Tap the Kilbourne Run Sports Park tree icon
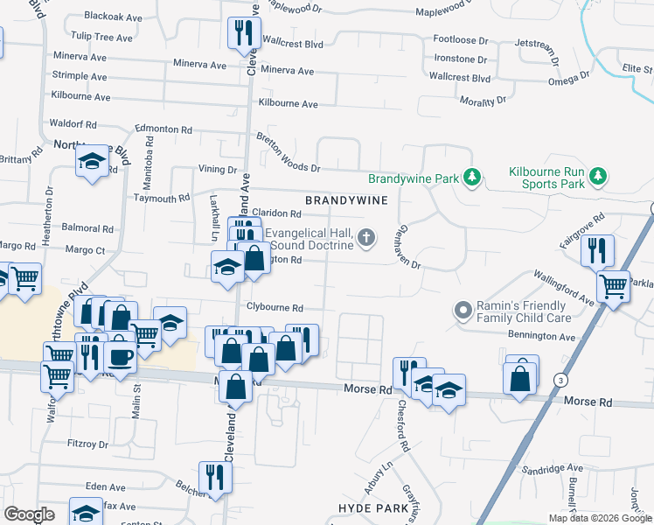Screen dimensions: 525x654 coord(598,178)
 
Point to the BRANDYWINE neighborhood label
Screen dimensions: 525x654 coord(346,201)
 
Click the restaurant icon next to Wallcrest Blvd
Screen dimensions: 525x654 coord(240,33)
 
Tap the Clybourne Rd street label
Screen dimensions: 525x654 coord(274,308)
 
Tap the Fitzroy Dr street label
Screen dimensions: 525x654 coord(87,444)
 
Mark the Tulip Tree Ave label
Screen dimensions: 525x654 coord(101,38)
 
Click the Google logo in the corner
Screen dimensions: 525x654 coord(29,514)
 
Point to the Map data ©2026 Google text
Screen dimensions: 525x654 coord(599,518)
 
